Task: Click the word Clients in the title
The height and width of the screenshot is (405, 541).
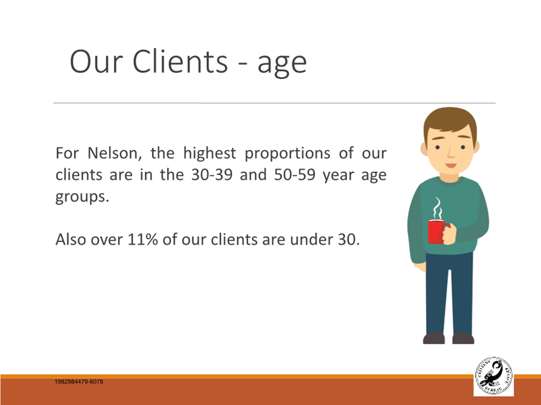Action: (180, 61)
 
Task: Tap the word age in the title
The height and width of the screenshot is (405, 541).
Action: (282, 64)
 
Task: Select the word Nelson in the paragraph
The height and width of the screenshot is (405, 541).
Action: (114, 152)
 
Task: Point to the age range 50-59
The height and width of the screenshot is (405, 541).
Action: (295, 174)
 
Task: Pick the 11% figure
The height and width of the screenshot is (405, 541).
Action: (142, 239)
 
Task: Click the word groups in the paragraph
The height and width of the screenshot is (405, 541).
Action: (82, 197)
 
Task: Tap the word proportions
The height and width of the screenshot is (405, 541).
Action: (288, 154)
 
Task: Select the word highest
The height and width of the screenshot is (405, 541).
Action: (210, 154)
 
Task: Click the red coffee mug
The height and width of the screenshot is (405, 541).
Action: (437, 231)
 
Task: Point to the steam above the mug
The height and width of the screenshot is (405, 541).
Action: (438, 208)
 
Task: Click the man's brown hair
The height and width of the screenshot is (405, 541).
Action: (450, 121)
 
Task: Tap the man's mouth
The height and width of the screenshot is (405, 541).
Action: (451, 165)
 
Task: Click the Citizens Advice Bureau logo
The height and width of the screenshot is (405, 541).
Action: (494, 376)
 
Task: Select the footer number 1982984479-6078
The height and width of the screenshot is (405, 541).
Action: (79, 381)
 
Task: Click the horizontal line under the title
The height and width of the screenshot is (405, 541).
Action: (274, 103)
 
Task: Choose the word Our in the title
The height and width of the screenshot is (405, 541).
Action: (96, 61)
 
